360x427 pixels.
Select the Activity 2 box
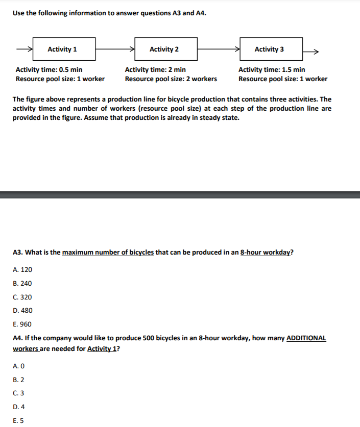click(166, 49)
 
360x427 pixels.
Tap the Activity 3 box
click(271, 49)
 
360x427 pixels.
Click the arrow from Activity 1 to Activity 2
click(115, 49)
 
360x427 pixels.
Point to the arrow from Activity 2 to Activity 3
click(219, 49)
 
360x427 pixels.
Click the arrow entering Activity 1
click(25, 49)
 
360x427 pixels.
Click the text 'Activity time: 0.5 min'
click(49, 69)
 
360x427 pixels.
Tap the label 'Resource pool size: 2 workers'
click(171, 79)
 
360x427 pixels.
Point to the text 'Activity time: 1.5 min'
click(272, 69)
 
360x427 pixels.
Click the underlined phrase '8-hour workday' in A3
click(266, 253)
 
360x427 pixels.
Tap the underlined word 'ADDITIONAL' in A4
click(306, 338)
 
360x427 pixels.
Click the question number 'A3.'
click(18, 253)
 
